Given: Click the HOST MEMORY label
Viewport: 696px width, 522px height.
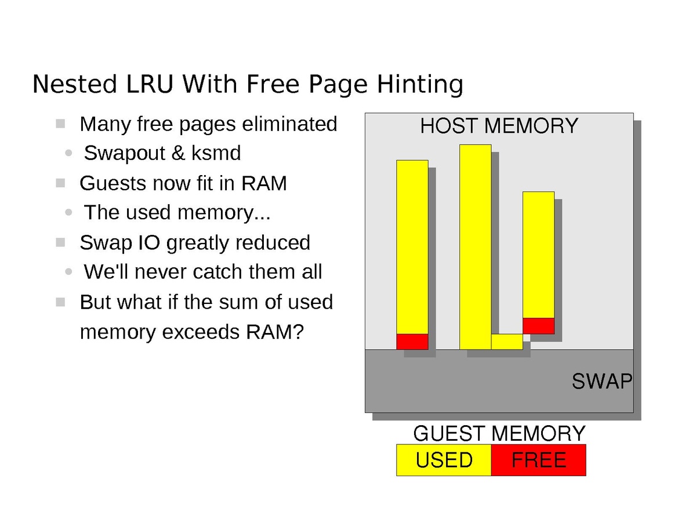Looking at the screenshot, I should pos(499,126).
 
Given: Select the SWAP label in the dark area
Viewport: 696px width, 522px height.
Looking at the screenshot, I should pos(601,382).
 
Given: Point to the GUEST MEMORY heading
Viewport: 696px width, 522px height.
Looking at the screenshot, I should pos(499,433).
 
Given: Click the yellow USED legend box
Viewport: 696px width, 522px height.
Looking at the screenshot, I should pos(444,460).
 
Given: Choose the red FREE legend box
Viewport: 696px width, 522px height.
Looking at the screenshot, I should pos(538,460).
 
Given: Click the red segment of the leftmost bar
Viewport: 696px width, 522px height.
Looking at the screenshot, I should pos(412,342).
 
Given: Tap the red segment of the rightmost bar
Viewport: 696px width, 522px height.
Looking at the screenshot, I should pos(538,326).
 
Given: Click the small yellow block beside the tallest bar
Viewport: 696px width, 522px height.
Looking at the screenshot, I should pos(507,342).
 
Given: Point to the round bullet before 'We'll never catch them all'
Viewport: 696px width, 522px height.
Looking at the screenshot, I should pos(70,272).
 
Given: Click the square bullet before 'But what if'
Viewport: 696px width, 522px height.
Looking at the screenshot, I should pos(60,302).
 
